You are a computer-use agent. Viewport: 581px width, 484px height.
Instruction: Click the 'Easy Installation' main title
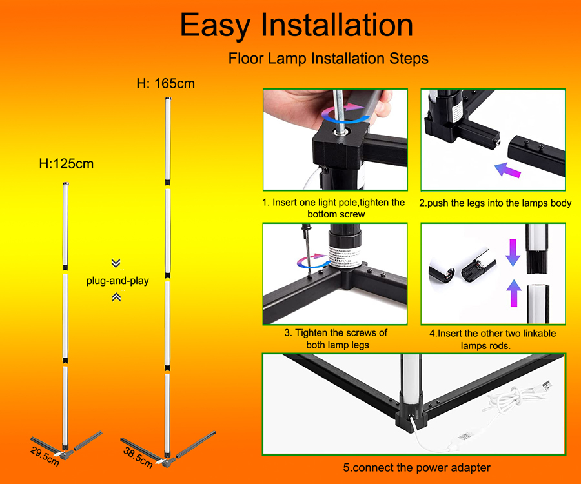point(296,25)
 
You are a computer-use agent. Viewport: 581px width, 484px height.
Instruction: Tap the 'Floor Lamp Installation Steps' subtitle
point(329,59)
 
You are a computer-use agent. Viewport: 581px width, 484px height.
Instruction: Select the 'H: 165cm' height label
point(166,84)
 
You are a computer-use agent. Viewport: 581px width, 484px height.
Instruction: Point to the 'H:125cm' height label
point(66,164)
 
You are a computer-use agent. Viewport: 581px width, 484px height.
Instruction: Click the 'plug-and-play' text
point(117,281)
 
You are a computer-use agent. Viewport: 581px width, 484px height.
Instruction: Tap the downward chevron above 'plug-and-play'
point(116,263)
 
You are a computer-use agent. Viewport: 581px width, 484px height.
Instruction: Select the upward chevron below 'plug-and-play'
point(116,297)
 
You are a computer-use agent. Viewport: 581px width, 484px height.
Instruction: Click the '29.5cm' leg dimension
point(45,457)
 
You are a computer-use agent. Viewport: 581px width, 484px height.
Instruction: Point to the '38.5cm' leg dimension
point(138,458)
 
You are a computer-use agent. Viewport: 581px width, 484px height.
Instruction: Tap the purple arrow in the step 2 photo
point(507,170)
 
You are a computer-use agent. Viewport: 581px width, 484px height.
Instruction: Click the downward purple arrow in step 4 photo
point(513,252)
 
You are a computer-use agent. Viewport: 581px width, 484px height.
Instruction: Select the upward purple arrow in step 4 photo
point(514,293)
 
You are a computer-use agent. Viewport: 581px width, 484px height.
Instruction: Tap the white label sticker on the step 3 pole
point(345,256)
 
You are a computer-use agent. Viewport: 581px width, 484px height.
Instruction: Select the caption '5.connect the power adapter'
point(416,468)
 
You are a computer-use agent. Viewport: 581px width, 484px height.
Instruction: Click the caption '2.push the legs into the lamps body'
point(495,203)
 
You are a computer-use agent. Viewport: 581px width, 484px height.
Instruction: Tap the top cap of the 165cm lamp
point(168,99)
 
